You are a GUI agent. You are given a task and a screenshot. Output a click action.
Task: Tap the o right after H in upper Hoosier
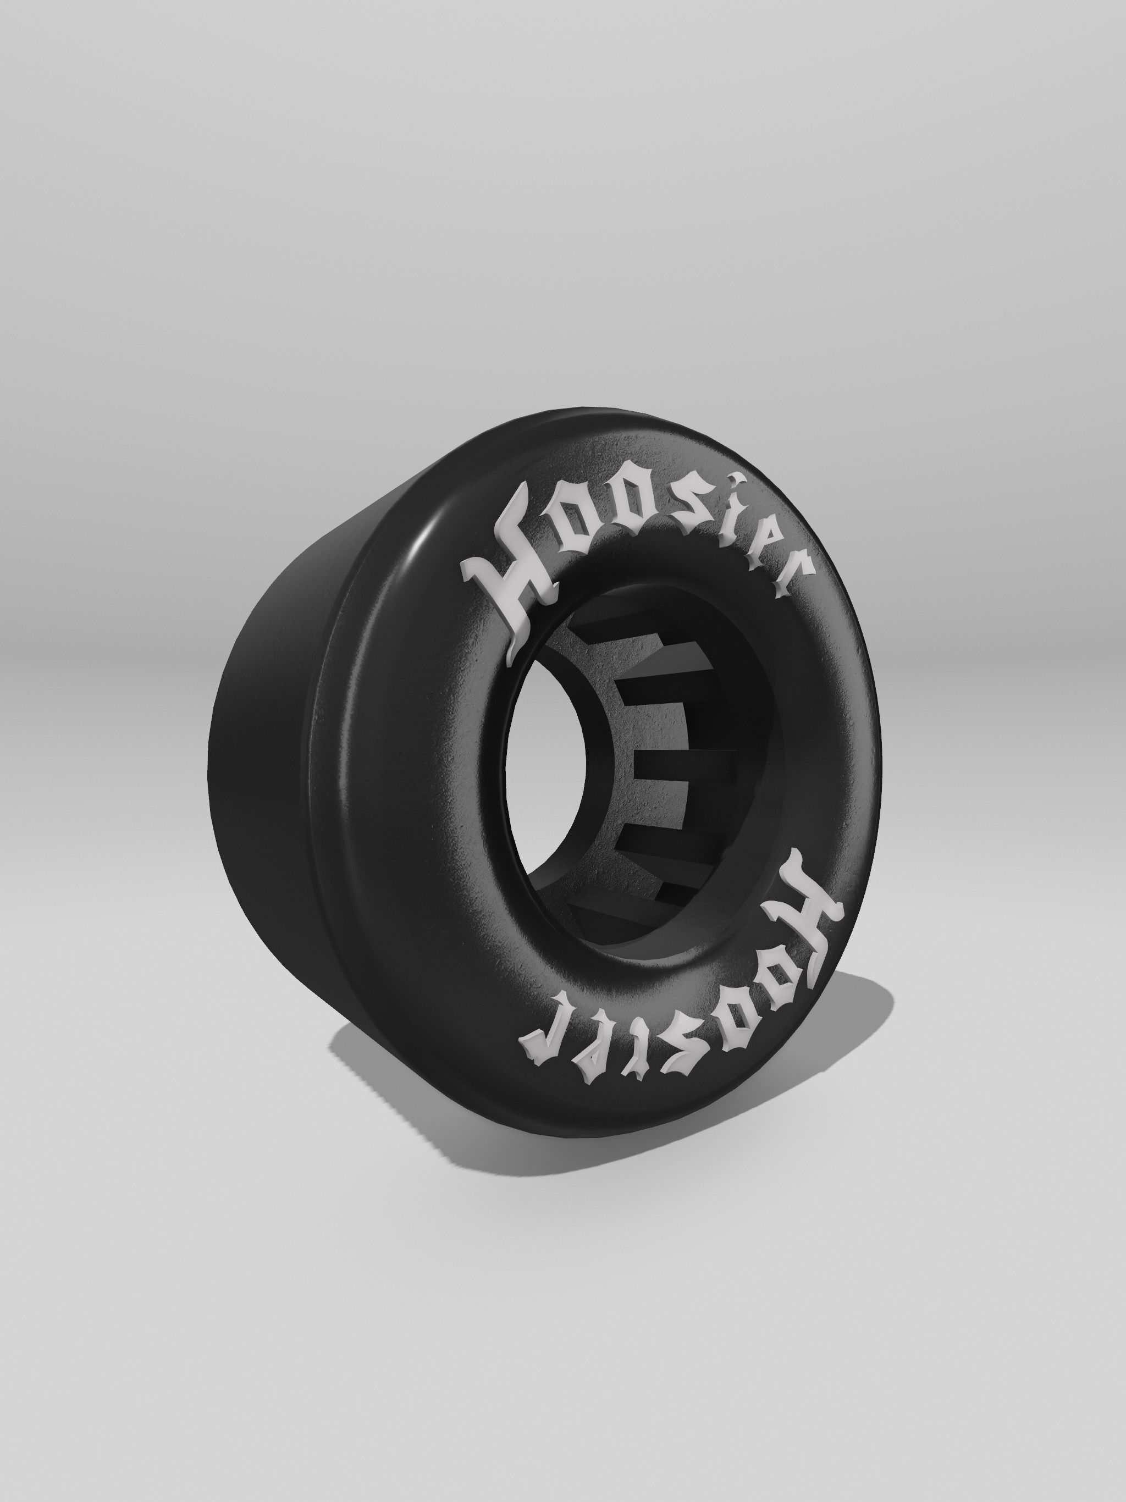point(576,523)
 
